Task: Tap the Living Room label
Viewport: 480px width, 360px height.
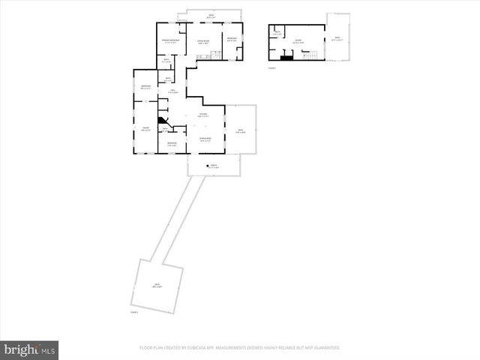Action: [202, 41]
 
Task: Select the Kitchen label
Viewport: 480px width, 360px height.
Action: [203, 115]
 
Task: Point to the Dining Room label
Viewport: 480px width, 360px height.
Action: [204, 139]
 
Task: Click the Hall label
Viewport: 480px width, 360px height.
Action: [172, 91]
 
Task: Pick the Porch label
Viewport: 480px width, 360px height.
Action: [214, 166]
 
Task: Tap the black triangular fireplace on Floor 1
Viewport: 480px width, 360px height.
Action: [160, 119]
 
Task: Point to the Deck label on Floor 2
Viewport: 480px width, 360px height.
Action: [337, 39]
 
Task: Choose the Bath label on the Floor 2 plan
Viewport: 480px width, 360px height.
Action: [277, 32]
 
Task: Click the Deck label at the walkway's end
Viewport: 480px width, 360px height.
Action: [157, 285]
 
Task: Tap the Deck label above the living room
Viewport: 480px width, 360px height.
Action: [211, 16]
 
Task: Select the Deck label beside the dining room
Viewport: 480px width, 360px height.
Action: [241, 131]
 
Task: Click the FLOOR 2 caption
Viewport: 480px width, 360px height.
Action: [272, 68]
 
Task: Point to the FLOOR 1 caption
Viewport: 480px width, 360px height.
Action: [134, 310]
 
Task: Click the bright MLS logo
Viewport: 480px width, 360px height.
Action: [30, 349]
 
